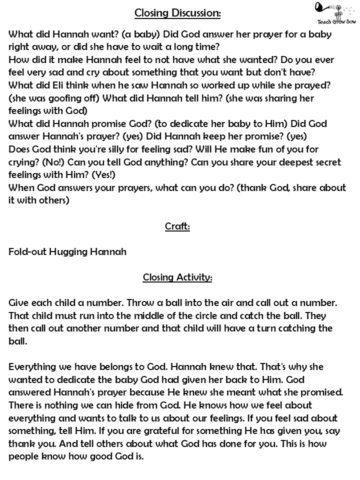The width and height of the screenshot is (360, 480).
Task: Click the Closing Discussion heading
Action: [177, 13]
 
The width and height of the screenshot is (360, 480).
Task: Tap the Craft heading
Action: [177, 226]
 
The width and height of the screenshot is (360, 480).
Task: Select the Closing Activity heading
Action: [177, 277]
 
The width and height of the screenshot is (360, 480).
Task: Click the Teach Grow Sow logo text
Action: [331, 21]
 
